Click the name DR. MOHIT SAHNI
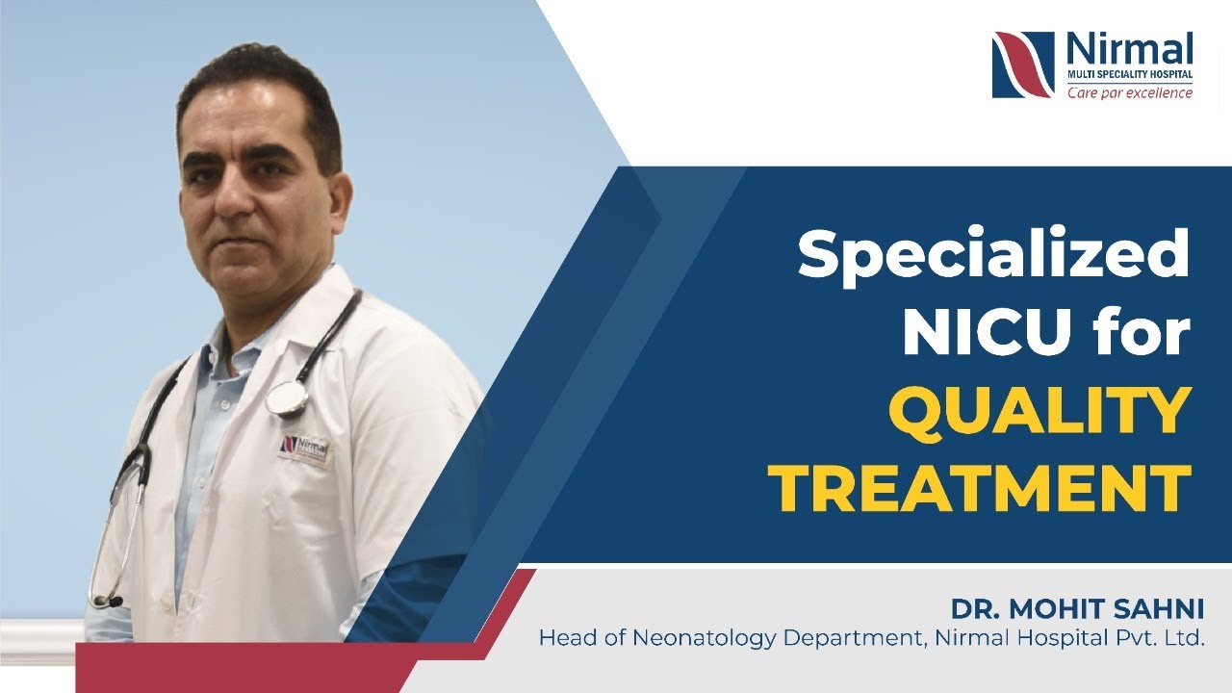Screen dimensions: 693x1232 [x=1077, y=609]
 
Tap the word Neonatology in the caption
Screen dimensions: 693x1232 [x=693, y=637]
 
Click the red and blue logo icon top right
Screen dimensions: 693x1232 [x=1022, y=64]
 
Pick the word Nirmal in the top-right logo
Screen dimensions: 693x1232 [x=1129, y=48]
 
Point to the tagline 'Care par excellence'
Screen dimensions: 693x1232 [x=1129, y=92]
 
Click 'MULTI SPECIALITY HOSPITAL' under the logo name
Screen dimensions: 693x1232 [x=1129, y=73]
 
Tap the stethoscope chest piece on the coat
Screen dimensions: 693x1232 [x=286, y=397]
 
